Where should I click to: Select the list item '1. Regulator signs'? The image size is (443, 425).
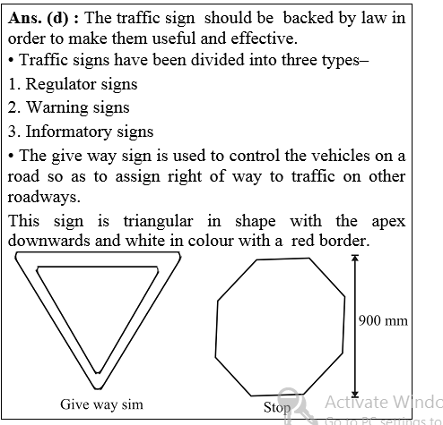pos(72,84)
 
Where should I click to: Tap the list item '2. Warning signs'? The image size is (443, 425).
pos(67,107)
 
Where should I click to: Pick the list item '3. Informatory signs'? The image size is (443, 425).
pos(79,132)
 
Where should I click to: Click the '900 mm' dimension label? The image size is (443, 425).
pos(383,320)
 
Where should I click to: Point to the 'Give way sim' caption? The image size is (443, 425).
pos(101,404)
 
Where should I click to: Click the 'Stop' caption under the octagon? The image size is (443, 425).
pos(277,409)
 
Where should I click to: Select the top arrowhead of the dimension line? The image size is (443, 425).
pos(355,259)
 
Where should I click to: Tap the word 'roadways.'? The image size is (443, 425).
pos(39,197)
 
